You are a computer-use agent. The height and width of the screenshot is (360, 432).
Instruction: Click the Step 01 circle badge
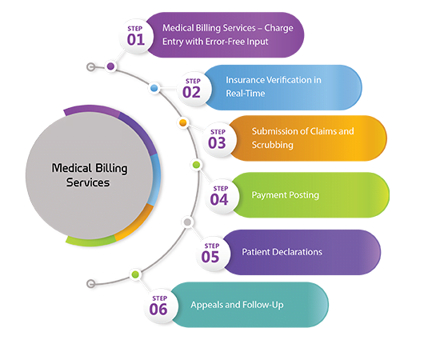coord(134,35)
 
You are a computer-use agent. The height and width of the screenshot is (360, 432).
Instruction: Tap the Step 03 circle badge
coord(217,138)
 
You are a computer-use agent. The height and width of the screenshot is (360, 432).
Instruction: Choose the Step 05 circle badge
coord(210,252)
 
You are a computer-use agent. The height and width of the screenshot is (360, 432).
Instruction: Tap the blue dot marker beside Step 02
coord(153,90)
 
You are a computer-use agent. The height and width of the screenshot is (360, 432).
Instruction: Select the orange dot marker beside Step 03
coord(183,122)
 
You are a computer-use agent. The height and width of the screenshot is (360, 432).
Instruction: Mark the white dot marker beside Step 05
coord(187,221)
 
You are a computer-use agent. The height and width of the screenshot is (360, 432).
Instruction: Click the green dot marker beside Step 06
coord(134,274)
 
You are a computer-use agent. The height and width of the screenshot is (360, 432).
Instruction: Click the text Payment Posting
coord(285,194)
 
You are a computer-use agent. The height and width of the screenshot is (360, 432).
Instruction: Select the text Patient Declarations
coord(282,252)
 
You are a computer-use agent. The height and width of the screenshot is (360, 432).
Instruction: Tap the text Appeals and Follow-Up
coord(237,305)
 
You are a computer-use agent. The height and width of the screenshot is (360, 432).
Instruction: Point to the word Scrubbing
coord(273,145)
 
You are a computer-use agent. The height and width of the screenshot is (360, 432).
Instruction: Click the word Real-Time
coord(245,93)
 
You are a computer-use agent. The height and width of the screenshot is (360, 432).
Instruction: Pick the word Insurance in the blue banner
coord(246,80)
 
